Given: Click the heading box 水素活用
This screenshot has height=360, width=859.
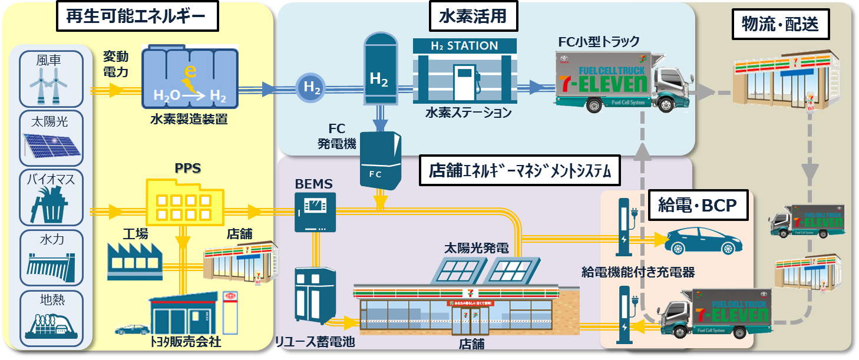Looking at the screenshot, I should pos(473,16).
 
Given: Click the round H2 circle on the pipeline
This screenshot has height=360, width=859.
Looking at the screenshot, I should pos(311,88).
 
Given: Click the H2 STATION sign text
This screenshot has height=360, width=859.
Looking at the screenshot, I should pos(464,46).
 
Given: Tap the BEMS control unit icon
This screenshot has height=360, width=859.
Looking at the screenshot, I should pos(315,212).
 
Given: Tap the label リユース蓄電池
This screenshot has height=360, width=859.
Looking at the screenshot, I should pos(316,341).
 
